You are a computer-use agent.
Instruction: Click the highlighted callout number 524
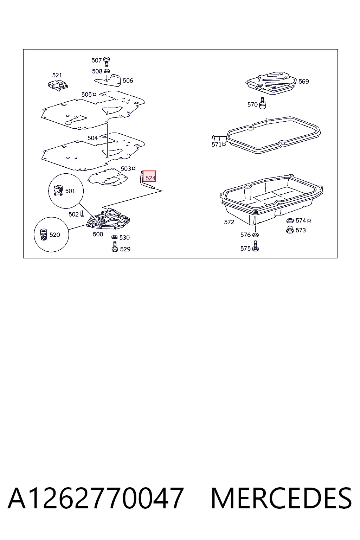click(x=150, y=178)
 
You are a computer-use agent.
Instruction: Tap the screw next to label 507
click(x=106, y=62)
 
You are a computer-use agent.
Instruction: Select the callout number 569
click(x=304, y=82)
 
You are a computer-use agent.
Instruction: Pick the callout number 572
click(x=229, y=222)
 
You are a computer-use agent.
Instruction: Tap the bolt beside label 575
click(x=255, y=246)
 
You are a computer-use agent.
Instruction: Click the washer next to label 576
click(x=255, y=235)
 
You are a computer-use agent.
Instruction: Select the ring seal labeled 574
click(x=290, y=220)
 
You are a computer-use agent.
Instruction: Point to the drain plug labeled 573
click(x=290, y=230)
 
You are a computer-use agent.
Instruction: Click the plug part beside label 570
click(x=262, y=103)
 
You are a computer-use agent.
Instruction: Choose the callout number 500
click(x=98, y=234)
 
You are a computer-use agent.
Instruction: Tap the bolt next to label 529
click(x=115, y=246)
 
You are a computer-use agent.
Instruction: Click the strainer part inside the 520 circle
click(x=43, y=234)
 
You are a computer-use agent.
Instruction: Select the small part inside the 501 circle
click(x=58, y=190)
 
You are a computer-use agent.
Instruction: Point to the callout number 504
click(x=92, y=138)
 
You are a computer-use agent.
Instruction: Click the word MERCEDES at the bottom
click(x=281, y=498)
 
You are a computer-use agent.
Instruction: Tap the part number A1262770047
click(x=96, y=498)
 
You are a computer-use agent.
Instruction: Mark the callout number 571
click(x=217, y=144)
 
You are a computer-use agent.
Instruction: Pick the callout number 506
click(x=128, y=81)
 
